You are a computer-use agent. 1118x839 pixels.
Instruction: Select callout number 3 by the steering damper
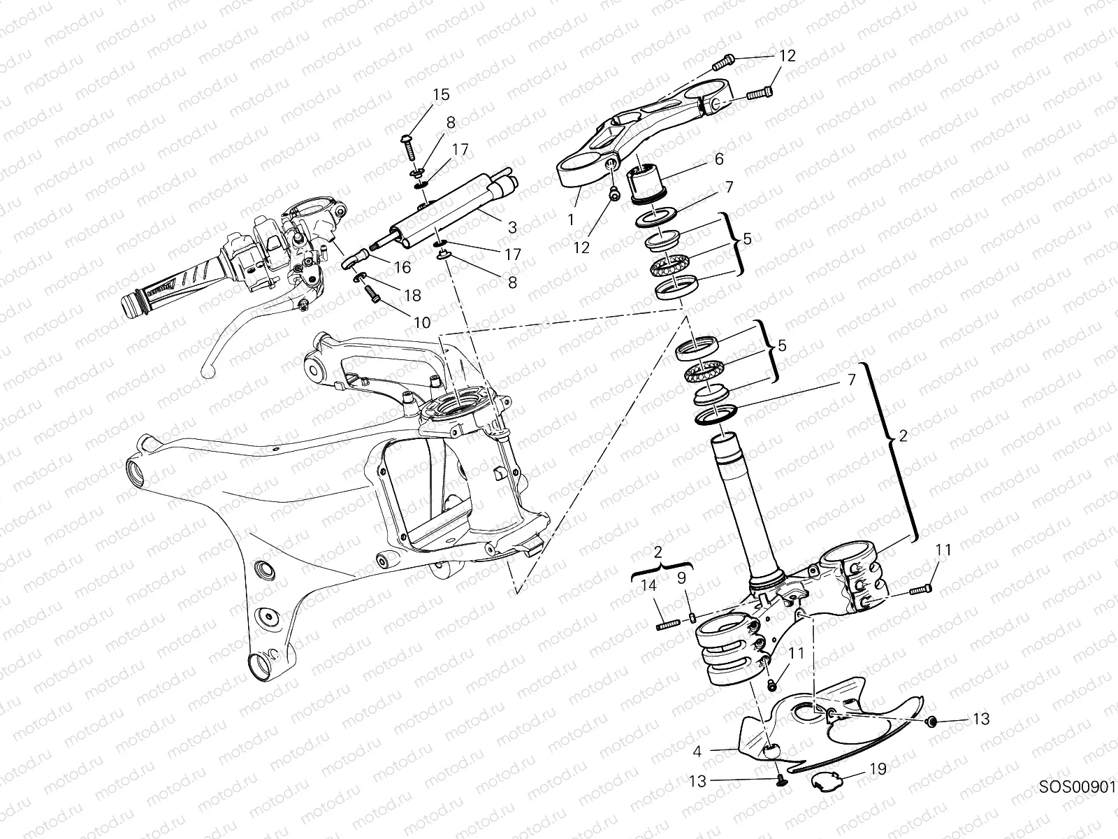512,227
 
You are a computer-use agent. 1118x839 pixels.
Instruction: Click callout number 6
718,159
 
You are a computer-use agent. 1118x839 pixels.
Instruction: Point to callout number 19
878,769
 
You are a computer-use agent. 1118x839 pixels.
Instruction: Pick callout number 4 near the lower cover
697,753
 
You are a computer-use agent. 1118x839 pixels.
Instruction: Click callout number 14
650,587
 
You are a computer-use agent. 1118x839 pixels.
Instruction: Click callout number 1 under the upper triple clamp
571,219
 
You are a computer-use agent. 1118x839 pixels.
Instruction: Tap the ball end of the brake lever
205,372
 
